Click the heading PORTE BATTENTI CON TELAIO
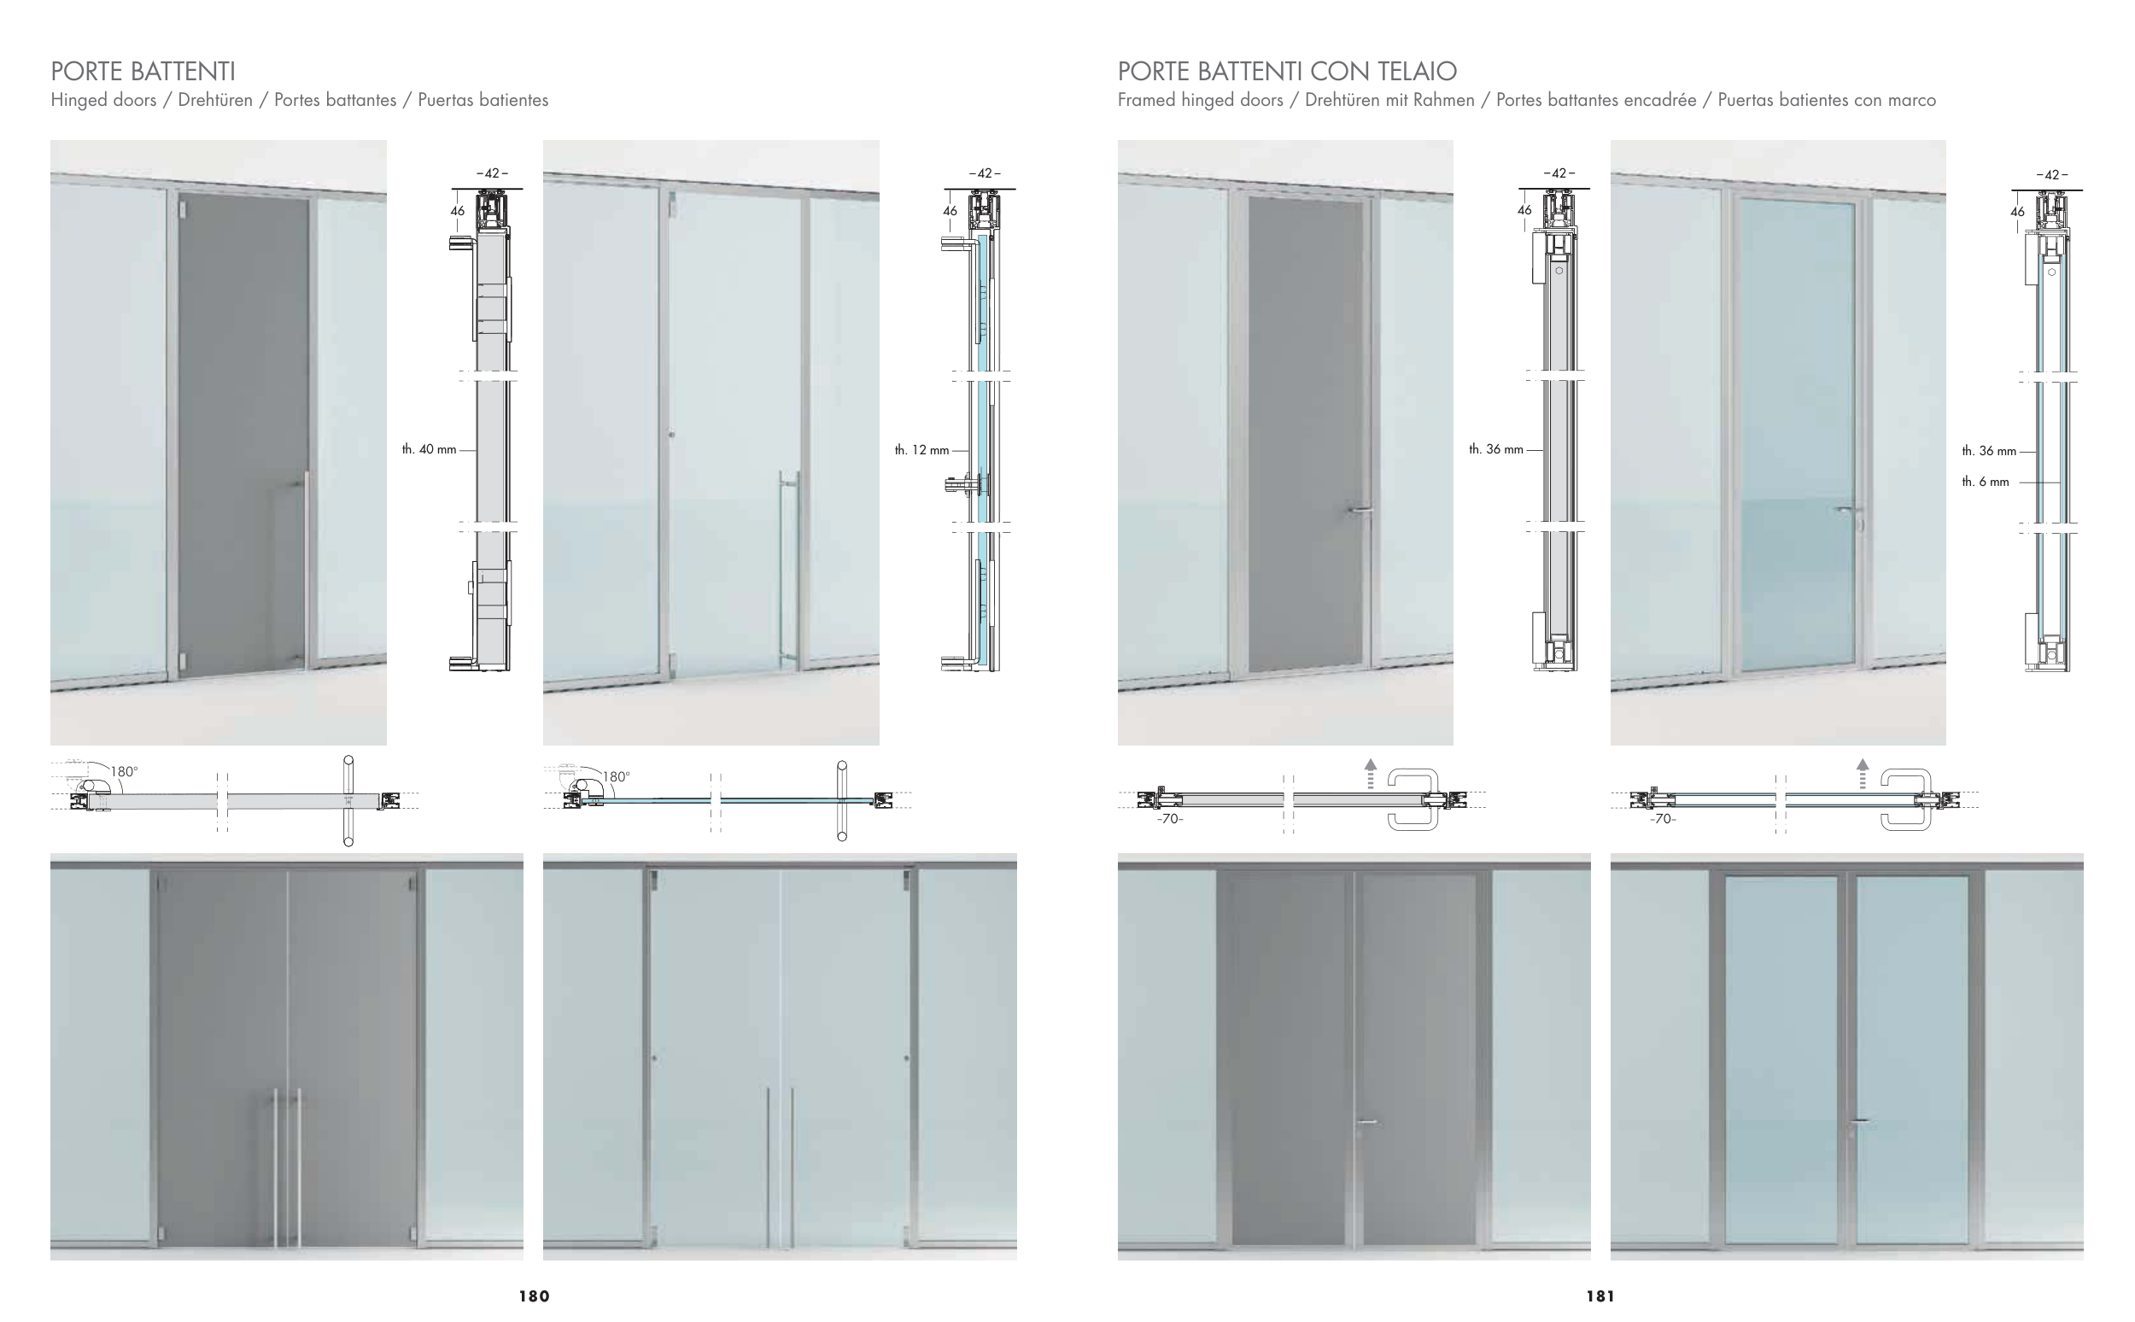click(1287, 71)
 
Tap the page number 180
click(535, 1296)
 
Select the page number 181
click(1600, 1296)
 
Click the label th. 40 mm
click(429, 449)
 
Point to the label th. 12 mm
click(921, 450)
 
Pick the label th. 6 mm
click(1985, 482)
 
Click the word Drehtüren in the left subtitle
click(215, 100)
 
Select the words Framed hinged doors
click(1200, 100)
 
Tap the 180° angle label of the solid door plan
click(124, 771)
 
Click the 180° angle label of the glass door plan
click(616, 776)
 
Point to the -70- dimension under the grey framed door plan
click(1170, 819)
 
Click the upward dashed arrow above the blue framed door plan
click(1863, 774)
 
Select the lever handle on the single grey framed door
click(1360, 510)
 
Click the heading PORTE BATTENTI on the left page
click(143, 71)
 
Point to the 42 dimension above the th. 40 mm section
click(492, 173)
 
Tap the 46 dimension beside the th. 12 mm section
click(950, 211)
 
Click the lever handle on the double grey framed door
click(1365, 1122)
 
